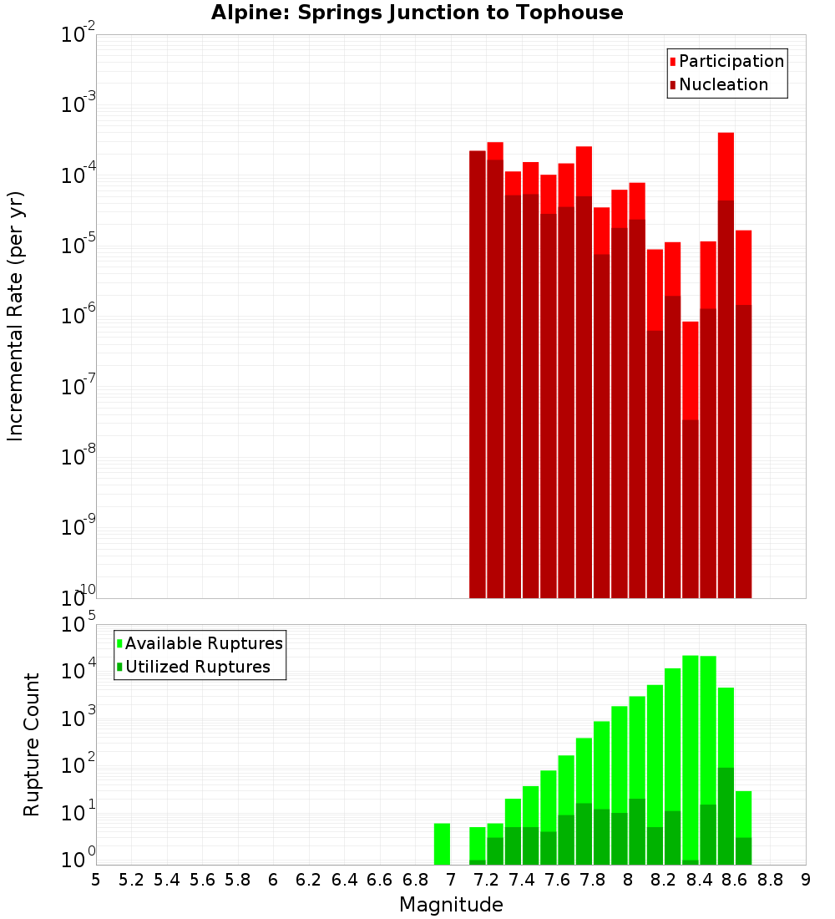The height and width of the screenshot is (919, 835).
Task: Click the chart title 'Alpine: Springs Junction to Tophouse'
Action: [x=417, y=13]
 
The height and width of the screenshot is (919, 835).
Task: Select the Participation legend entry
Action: [x=726, y=62]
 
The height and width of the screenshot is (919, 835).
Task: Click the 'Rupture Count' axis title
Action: [x=32, y=744]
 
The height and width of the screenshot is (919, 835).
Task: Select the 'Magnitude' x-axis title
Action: [x=451, y=905]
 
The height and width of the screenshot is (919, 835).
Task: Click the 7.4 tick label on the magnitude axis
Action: [x=522, y=880]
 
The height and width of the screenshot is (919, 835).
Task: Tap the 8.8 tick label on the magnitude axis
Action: [x=770, y=880]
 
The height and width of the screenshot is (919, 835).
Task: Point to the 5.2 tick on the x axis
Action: [x=131, y=880]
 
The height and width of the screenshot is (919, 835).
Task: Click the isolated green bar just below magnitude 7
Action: [x=442, y=844]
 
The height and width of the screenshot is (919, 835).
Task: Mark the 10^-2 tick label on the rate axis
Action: [x=78, y=35]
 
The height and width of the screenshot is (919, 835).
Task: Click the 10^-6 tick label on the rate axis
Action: [x=78, y=317]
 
